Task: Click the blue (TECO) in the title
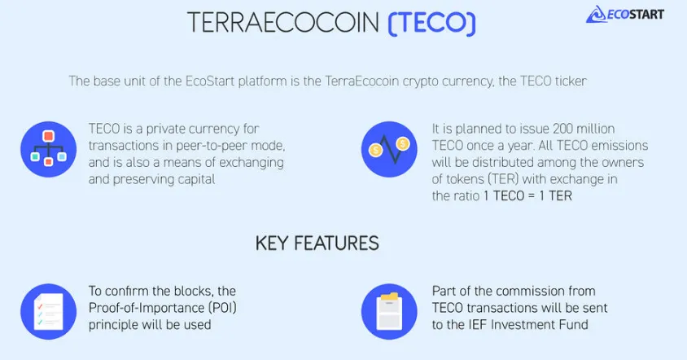tap(431, 23)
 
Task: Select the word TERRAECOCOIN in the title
tap(283, 23)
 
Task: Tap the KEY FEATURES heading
tap(317, 244)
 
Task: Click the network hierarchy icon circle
tap(49, 149)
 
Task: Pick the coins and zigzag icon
tap(389, 149)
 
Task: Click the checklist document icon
tap(49, 311)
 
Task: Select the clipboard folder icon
tap(389, 311)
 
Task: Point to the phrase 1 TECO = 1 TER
tap(528, 195)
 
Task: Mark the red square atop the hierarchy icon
tap(48, 135)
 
